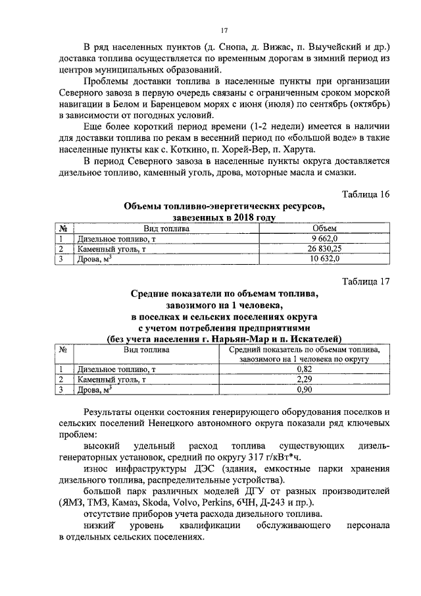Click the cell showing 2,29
click(x=303, y=379)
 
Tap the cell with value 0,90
click(x=303, y=390)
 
